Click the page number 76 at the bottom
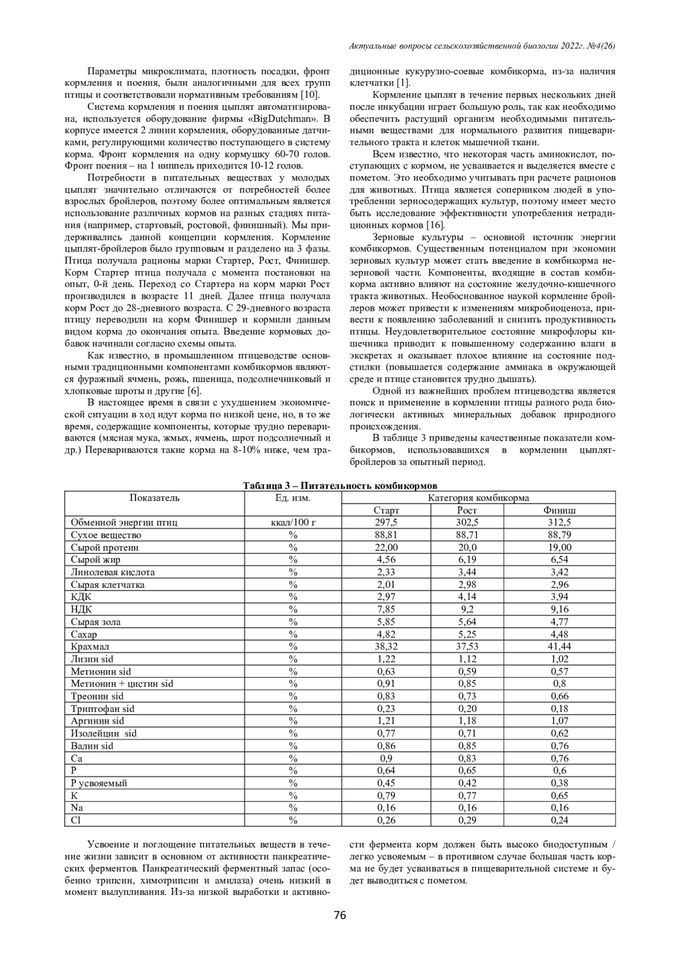pos(339,915)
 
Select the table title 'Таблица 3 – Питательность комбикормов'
pos(340,486)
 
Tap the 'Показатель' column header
pos(154,498)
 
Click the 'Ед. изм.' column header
pos(293,498)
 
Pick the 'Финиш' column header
pos(560,510)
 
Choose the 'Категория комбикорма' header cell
pos(478,498)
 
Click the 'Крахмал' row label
pos(90,647)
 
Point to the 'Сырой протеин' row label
pos(104,547)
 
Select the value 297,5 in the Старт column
pos(386,522)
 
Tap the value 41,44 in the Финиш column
pos(560,647)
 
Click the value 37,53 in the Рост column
pos(467,647)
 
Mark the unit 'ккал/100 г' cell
pos(293,522)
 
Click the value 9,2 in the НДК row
pos(467,610)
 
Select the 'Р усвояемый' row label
pos(99,783)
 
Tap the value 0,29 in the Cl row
pos(467,820)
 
